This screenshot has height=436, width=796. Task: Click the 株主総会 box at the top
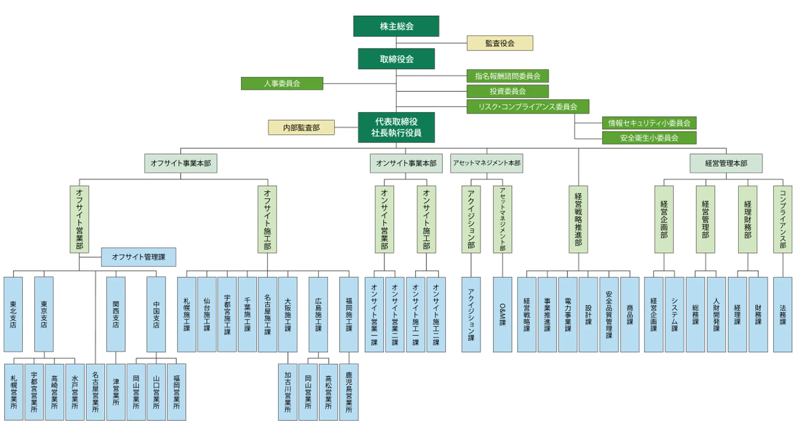point(396,26)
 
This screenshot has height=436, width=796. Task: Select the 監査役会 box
point(500,43)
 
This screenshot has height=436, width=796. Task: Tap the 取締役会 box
point(396,59)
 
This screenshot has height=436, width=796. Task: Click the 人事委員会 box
point(282,83)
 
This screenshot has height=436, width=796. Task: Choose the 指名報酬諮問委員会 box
point(507,76)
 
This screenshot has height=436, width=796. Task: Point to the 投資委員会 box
point(507,91)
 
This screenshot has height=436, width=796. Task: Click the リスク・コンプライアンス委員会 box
point(528,107)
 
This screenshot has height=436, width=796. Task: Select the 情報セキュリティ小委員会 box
point(649,123)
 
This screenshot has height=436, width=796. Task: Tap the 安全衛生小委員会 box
point(649,138)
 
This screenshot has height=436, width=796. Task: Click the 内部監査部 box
point(301,128)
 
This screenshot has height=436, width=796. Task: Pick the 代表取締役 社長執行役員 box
point(396,127)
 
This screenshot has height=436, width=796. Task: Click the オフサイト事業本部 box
point(181,163)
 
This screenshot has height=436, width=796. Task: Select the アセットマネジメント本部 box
point(487,163)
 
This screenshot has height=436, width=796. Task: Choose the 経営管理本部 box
point(726,163)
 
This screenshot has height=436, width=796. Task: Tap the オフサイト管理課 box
point(139,257)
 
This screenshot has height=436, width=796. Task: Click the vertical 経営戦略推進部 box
point(578,219)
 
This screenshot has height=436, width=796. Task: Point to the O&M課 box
point(502,314)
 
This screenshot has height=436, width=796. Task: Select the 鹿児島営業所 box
point(349,392)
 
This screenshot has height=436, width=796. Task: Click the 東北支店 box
point(13,314)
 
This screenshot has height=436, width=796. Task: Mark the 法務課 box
point(783,314)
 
